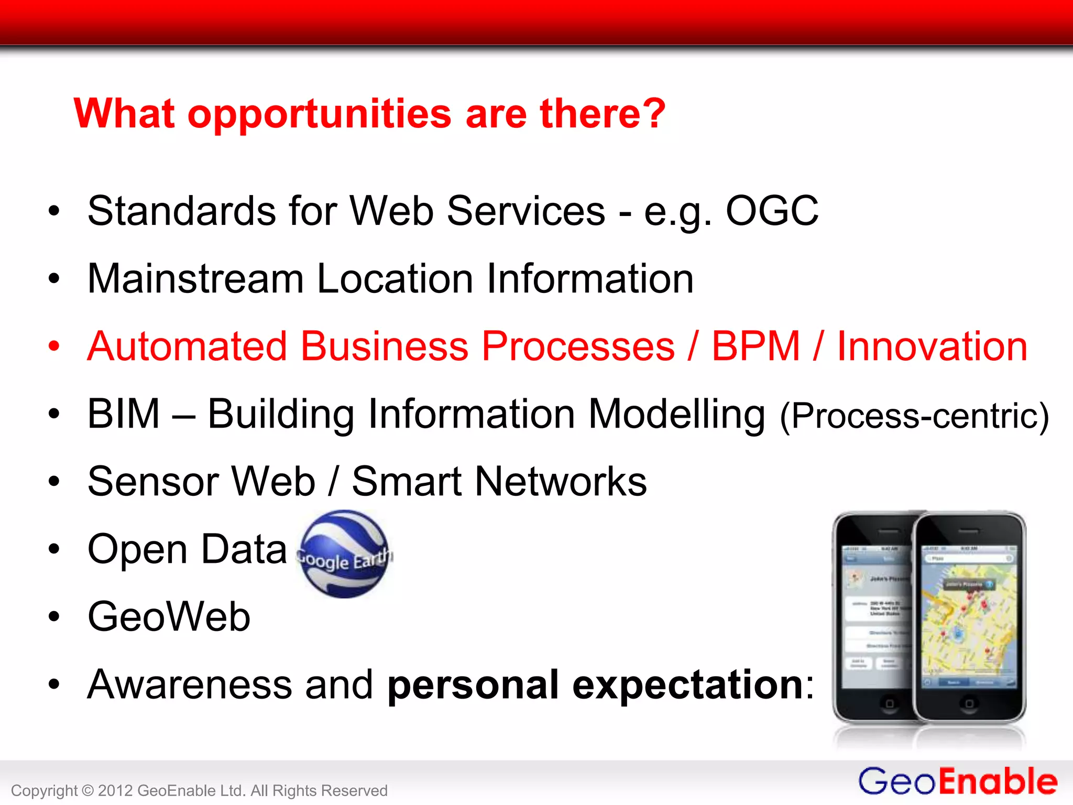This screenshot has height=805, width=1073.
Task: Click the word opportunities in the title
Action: tap(320, 114)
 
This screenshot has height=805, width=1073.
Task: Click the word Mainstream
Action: tap(195, 278)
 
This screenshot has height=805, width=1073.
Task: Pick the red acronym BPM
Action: tap(756, 346)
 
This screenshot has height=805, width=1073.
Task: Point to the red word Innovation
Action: tap(932, 346)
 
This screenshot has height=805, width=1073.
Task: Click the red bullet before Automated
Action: tap(54, 346)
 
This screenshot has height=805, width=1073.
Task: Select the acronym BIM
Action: tap(123, 414)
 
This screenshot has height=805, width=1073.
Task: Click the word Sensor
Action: tap(153, 482)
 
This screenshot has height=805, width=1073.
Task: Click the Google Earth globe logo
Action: tap(344, 554)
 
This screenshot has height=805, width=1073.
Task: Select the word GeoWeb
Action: tap(169, 617)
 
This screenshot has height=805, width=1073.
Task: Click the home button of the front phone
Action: tap(969, 703)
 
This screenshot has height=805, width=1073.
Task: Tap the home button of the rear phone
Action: tap(889, 703)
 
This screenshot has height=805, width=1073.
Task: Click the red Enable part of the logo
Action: tap(998, 782)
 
